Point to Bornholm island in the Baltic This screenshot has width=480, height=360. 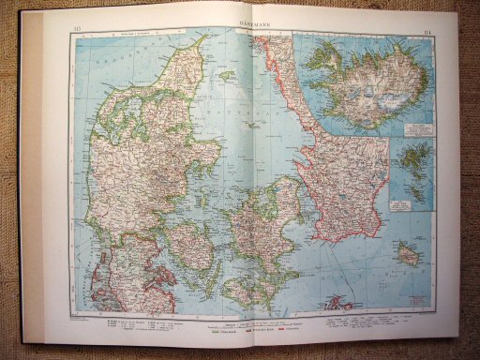(407, 252)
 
